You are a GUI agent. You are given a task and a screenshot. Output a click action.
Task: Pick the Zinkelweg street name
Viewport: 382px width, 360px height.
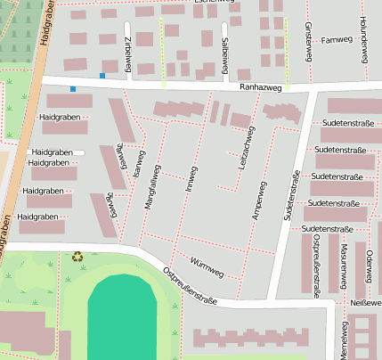(129, 53)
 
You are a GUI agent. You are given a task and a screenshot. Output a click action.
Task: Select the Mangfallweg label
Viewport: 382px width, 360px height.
(150, 187)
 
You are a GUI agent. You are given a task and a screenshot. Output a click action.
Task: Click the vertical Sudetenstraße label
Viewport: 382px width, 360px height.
(291, 196)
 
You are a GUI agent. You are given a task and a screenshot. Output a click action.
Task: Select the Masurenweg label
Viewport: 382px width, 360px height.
(342, 264)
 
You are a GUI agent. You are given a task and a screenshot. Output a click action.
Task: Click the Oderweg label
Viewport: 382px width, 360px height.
(368, 264)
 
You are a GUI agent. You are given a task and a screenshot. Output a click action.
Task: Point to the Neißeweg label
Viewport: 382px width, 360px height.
(365, 303)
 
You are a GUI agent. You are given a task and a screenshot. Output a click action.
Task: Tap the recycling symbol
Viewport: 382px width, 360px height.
(77, 257)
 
